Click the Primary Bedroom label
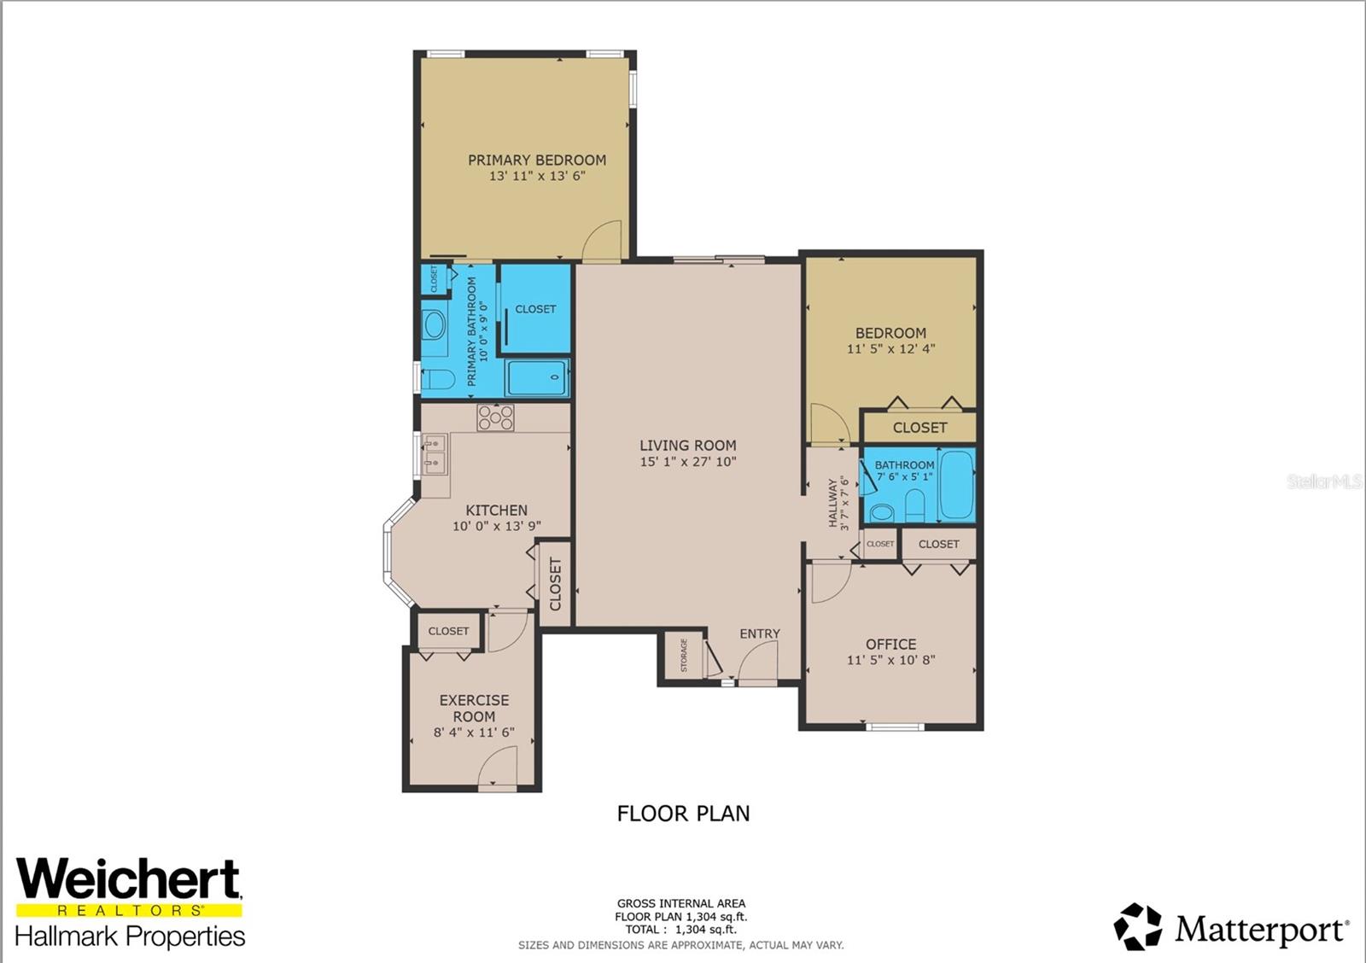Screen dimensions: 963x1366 pyautogui.click(x=536, y=160)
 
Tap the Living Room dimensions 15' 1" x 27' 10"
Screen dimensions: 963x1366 pyautogui.click(x=687, y=462)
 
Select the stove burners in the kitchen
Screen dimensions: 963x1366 pyautogui.click(x=495, y=417)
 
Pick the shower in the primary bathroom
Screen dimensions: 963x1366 pyautogui.click(x=536, y=377)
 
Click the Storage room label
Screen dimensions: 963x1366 pyautogui.click(x=684, y=656)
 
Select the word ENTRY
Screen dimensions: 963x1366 pyautogui.click(x=760, y=633)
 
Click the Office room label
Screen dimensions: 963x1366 pyautogui.click(x=890, y=645)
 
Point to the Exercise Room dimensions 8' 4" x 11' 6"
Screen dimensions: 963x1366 pyautogui.click(x=474, y=732)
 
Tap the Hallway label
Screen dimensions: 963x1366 pyautogui.click(x=833, y=503)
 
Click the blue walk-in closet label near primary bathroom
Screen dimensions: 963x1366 pyautogui.click(x=535, y=309)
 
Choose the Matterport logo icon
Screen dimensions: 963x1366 pyautogui.click(x=1138, y=926)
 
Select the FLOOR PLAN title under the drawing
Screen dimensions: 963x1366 pyautogui.click(x=683, y=814)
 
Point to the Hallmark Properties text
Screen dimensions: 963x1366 pyautogui.click(x=130, y=937)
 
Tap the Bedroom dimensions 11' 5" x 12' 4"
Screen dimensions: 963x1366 pyautogui.click(x=890, y=349)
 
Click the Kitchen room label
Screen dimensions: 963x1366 pyautogui.click(x=496, y=511)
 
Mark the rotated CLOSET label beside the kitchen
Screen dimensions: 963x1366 pyautogui.click(x=556, y=584)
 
